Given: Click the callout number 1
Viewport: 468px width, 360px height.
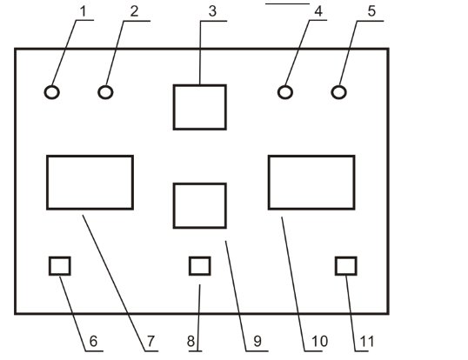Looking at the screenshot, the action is pos(83,12).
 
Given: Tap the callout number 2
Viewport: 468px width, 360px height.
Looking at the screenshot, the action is pos(135,11).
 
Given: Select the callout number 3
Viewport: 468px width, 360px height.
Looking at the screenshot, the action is pos(212,11).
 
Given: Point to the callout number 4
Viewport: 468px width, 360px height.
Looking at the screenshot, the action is pos(318,11).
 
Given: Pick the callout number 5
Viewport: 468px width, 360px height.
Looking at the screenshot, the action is pos(371,11).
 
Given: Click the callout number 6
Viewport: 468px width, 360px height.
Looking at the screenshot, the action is pos(93,341).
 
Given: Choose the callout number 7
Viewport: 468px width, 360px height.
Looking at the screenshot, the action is pos(150,341).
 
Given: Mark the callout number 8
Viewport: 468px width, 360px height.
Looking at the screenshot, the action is pos(191,341).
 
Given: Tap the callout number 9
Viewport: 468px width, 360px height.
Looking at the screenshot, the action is pos(257,341).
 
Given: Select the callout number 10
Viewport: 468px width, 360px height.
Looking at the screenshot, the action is pos(319,341).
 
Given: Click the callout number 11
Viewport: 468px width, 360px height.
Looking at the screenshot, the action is pos(367,341).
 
